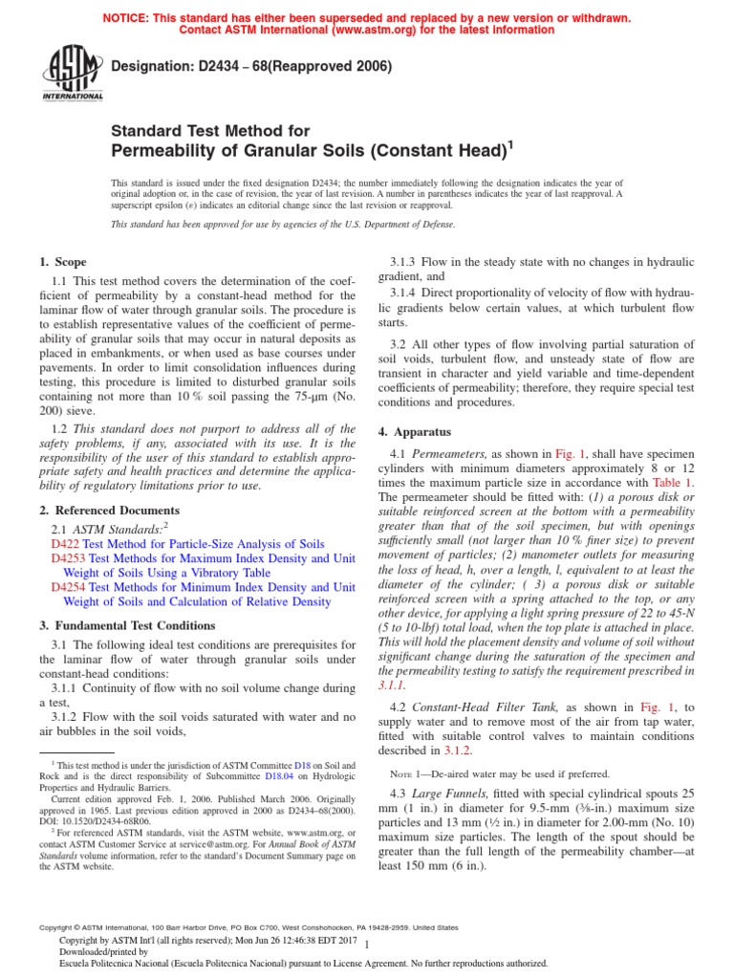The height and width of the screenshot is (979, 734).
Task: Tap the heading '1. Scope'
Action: pyautogui.click(x=62, y=262)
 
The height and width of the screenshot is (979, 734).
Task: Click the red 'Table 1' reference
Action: pyautogui.click(x=673, y=483)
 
